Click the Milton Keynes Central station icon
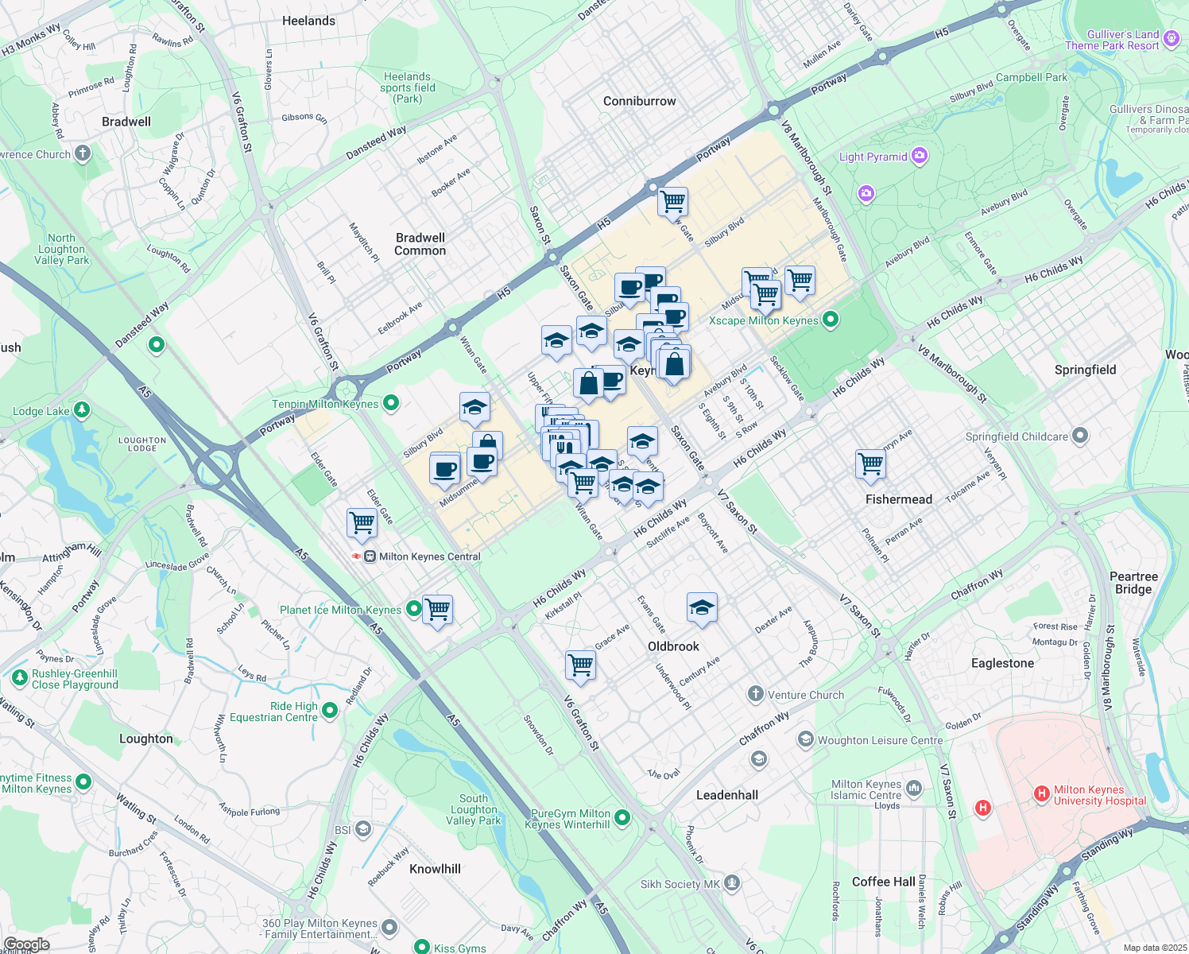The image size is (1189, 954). [x=370, y=556]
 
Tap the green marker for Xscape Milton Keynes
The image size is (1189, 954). [x=831, y=320]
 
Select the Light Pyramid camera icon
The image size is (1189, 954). [x=920, y=156]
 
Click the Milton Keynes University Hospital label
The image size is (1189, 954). [x=1099, y=795]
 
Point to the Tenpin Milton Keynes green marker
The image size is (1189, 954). [x=390, y=403]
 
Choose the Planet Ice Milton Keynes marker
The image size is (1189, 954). [x=413, y=610]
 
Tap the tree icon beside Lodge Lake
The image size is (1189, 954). [x=81, y=410]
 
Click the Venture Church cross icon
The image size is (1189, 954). [x=755, y=694]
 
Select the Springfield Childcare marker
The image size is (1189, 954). [x=1079, y=436]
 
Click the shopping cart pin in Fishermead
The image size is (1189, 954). [x=870, y=463]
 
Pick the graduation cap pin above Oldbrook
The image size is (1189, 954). [x=702, y=608]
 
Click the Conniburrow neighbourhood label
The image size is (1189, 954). [x=639, y=101]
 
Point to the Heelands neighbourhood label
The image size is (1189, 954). [x=308, y=21]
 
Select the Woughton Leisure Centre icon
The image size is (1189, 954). [x=806, y=739]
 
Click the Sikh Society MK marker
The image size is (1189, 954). [x=732, y=883]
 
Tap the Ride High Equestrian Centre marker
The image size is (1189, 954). [x=329, y=712]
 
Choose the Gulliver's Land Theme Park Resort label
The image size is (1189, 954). [x=1112, y=40]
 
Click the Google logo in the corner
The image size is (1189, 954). [x=26, y=944]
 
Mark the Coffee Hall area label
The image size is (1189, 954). [x=883, y=882]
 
